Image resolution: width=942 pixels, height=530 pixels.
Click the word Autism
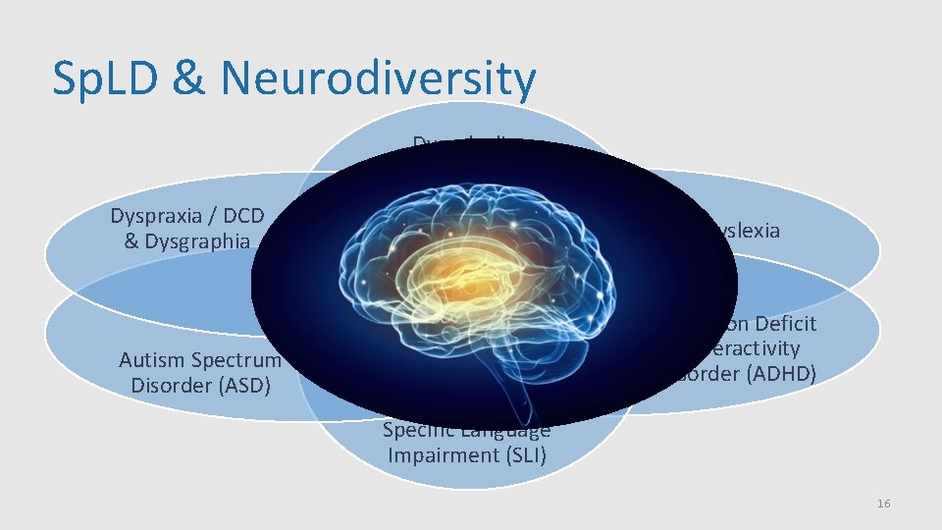(152, 360)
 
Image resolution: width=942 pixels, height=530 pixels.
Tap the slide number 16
(883, 503)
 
